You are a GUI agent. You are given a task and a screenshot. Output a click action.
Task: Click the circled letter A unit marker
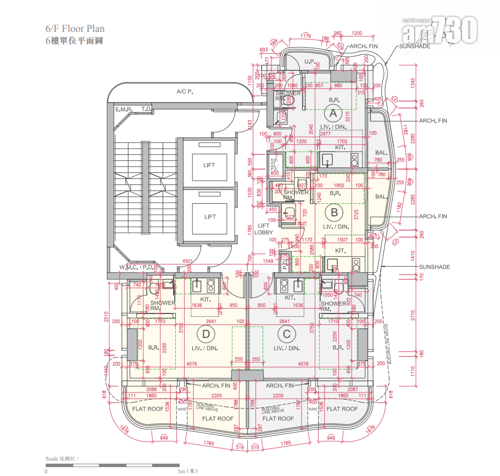(x=332, y=114)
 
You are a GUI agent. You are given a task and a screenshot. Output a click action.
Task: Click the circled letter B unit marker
(x=333, y=211)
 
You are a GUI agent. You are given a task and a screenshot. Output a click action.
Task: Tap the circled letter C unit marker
(x=286, y=333)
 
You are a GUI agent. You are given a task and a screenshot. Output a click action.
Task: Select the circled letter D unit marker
(x=206, y=333)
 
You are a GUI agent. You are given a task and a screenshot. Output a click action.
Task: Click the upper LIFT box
(x=209, y=165)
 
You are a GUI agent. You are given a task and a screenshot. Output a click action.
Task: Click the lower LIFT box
(x=209, y=216)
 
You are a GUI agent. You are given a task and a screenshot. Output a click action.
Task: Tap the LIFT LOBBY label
(x=264, y=229)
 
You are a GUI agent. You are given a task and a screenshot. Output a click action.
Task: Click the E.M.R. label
(x=124, y=110)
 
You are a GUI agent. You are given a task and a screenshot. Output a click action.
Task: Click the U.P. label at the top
(x=309, y=62)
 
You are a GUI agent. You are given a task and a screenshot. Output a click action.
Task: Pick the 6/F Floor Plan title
(x=75, y=29)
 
